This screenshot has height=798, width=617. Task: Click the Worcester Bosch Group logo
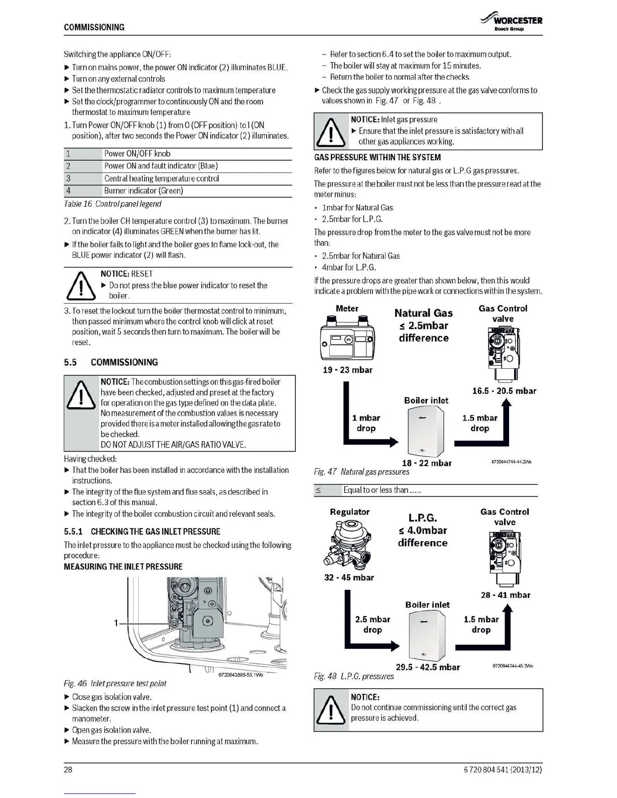click(512, 23)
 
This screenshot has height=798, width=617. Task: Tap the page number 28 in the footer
click(68, 769)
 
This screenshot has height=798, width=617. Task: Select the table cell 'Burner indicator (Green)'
click(144, 191)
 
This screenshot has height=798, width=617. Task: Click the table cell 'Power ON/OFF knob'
click(137, 154)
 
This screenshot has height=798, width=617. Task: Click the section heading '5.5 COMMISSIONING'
click(111, 362)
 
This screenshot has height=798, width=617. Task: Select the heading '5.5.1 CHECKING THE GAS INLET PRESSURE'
click(142, 531)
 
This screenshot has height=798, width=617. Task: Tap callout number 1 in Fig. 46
click(116, 623)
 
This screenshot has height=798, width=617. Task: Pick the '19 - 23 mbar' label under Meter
click(347, 370)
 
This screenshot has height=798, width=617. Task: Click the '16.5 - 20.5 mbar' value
click(504, 391)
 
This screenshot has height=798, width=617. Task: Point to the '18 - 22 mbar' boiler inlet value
click(426, 463)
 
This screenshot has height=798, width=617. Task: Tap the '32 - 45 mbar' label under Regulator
click(349, 577)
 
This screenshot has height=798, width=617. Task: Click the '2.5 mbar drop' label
click(373, 625)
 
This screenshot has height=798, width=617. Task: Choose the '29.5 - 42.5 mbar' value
click(427, 667)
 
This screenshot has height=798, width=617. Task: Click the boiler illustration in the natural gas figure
click(426, 431)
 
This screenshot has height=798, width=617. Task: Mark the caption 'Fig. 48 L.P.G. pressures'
click(354, 676)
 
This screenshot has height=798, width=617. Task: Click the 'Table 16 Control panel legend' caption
click(112, 204)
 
